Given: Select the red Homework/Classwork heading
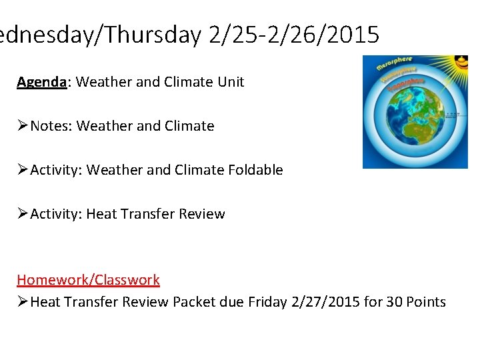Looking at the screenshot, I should pyautogui.click(x=88, y=280).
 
